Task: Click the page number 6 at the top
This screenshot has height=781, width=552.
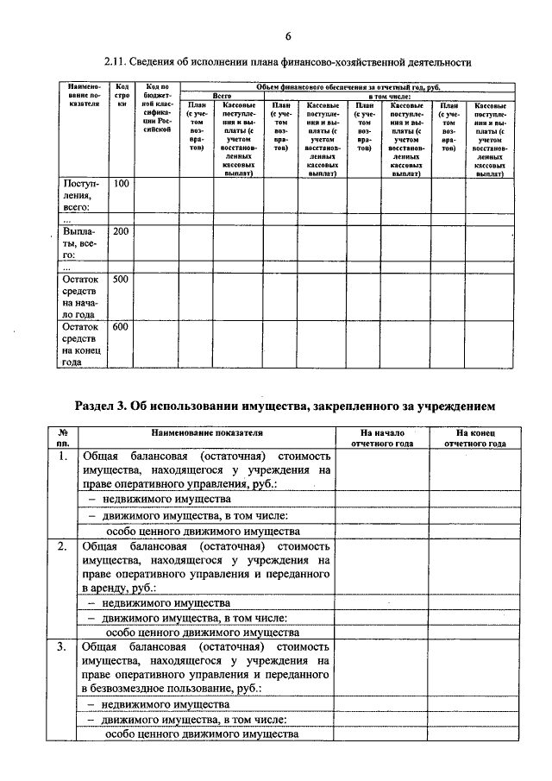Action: pyautogui.click(x=287, y=35)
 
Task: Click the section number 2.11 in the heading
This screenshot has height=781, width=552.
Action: pyautogui.click(x=116, y=63)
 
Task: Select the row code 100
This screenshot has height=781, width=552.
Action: pyautogui.click(x=121, y=184)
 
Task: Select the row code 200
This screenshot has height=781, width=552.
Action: pyautogui.click(x=121, y=231)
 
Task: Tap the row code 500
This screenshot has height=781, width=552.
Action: pyautogui.click(x=121, y=280)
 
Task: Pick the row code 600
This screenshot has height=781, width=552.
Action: pyautogui.click(x=121, y=327)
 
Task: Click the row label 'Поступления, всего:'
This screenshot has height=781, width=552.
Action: pyautogui.click(x=81, y=195)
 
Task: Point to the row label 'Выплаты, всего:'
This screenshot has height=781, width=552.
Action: pyautogui.click(x=81, y=243)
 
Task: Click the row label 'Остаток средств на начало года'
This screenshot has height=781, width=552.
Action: pyautogui.click(x=81, y=298)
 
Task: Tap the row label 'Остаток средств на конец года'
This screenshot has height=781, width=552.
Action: pyautogui.click(x=81, y=345)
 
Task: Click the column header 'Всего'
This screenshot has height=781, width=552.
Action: pyautogui.click(x=222, y=96)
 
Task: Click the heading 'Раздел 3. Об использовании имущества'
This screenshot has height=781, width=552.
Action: pyautogui.click(x=285, y=406)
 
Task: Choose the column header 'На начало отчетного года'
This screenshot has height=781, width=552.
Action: pyautogui.click(x=382, y=437)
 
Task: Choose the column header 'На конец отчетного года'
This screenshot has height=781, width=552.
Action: pyautogui.click(x=474, y=437)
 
